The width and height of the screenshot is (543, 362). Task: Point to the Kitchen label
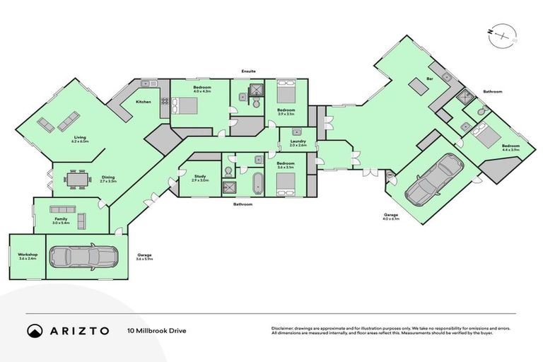[144, 103]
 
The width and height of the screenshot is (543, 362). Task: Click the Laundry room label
[298, 141]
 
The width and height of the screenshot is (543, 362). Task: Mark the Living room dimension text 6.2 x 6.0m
[80, 141]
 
